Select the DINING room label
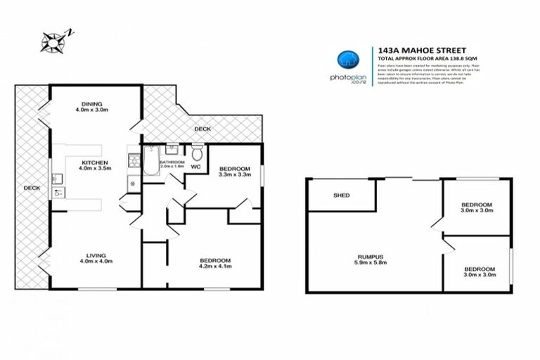pyautogui.click(x=91, y=103)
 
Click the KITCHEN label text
pyautogui.click(x=93, y=162)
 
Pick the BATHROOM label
pyautogui.click(x=172, y=162)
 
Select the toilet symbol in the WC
pyautogui.click(x=198, y=152)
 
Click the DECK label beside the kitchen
pyautogui.click(x=31, y=188)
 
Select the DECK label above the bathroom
pyautogui.click(x=203, y=129)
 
